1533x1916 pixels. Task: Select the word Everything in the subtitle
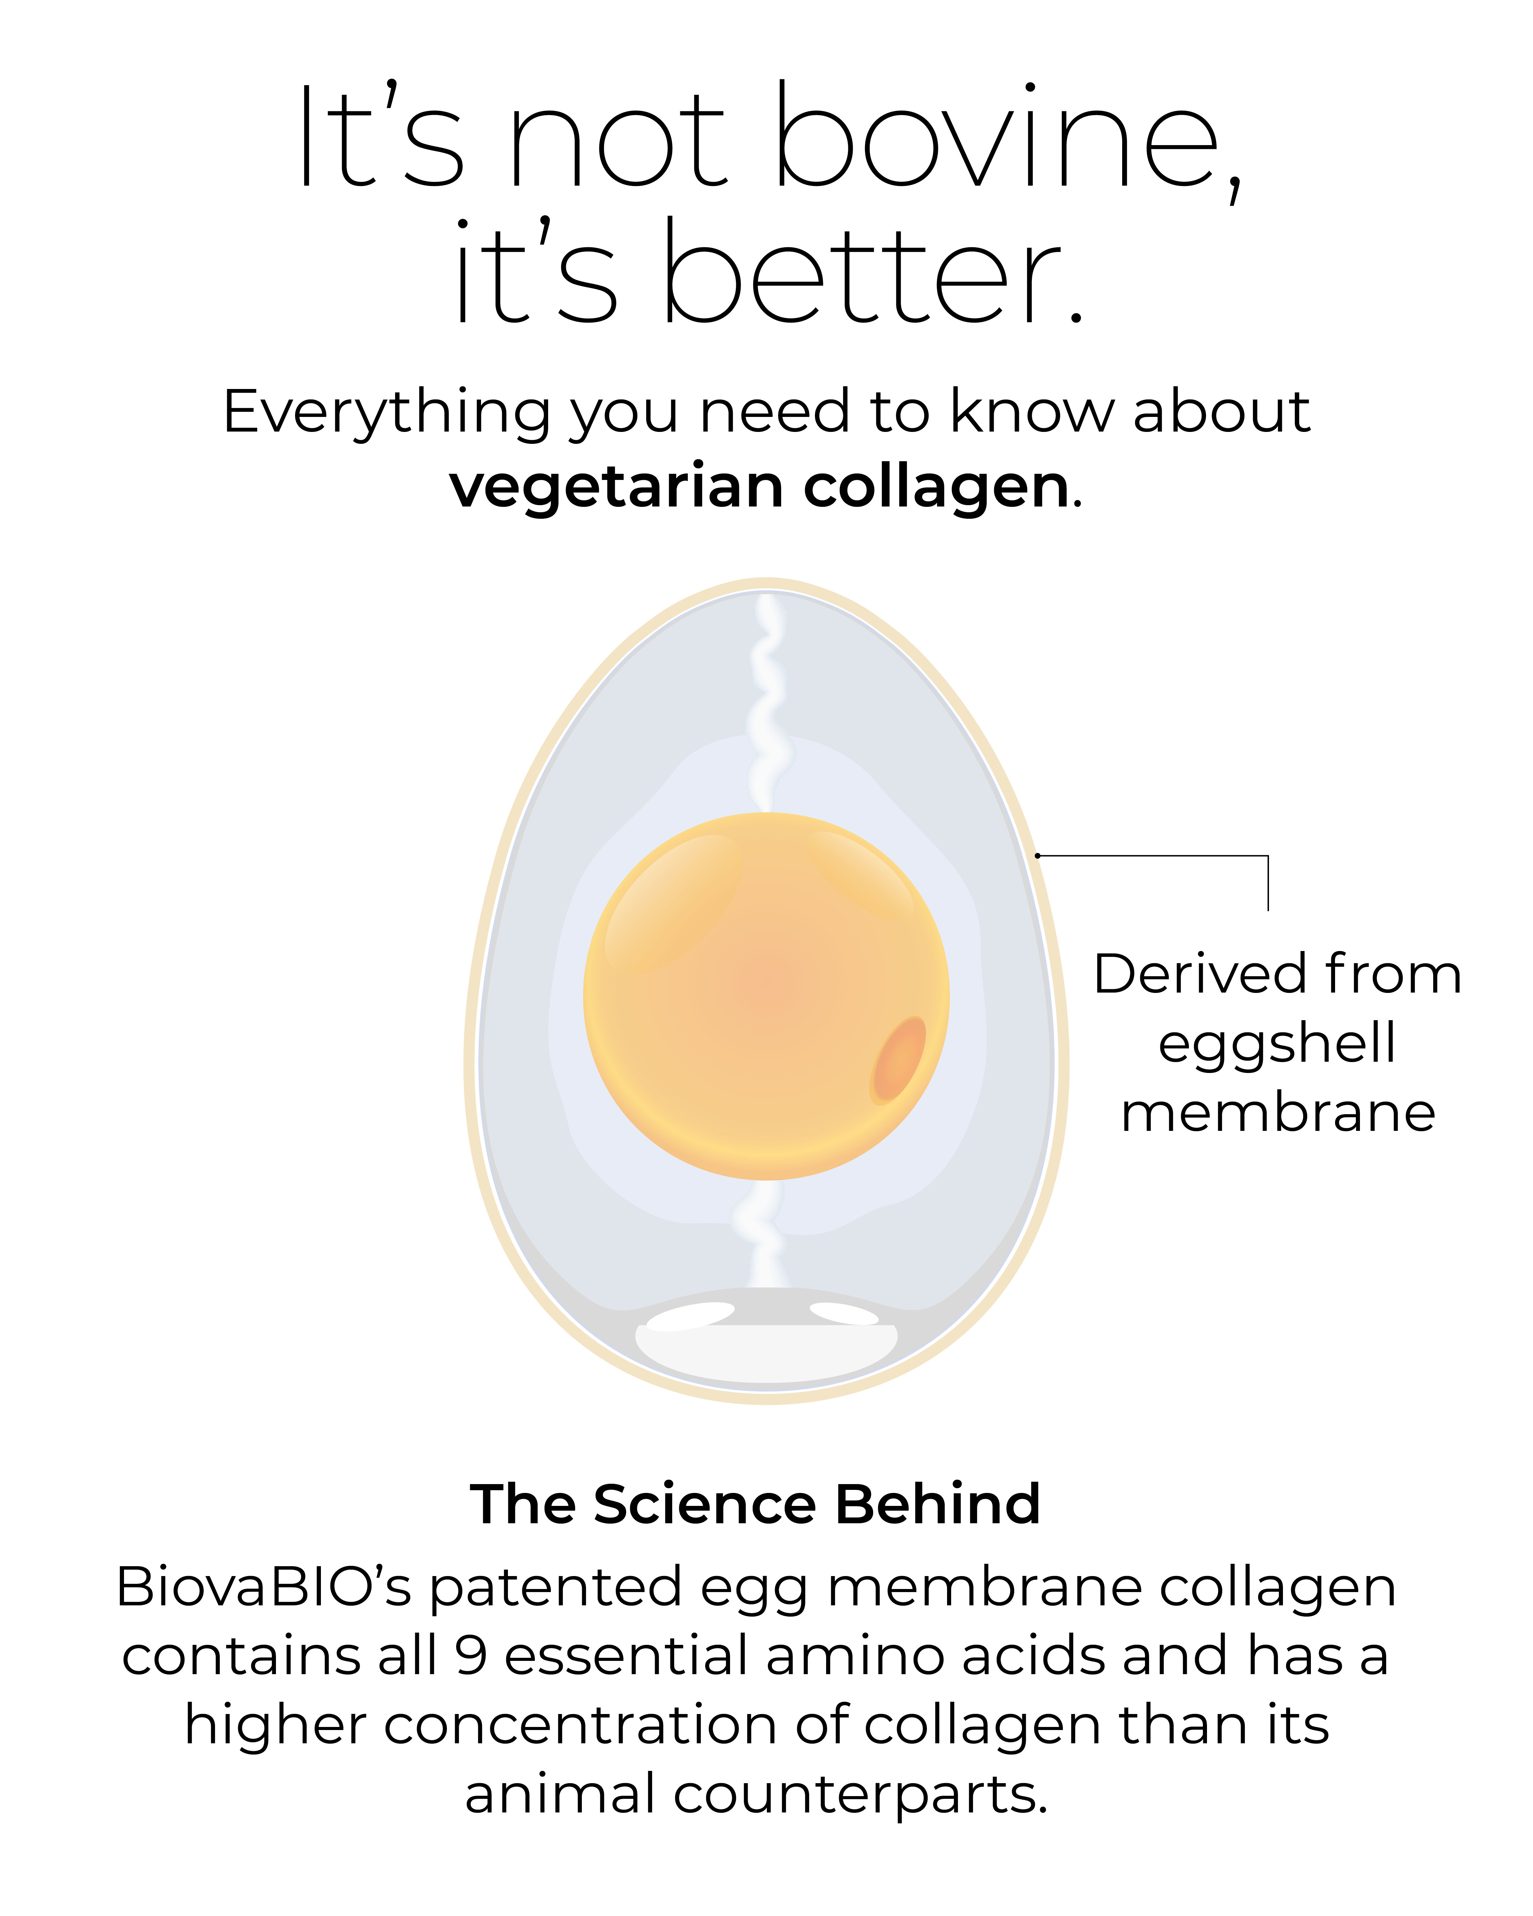387,413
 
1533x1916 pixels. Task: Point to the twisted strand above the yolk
766,702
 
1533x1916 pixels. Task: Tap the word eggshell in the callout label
1277,1044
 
